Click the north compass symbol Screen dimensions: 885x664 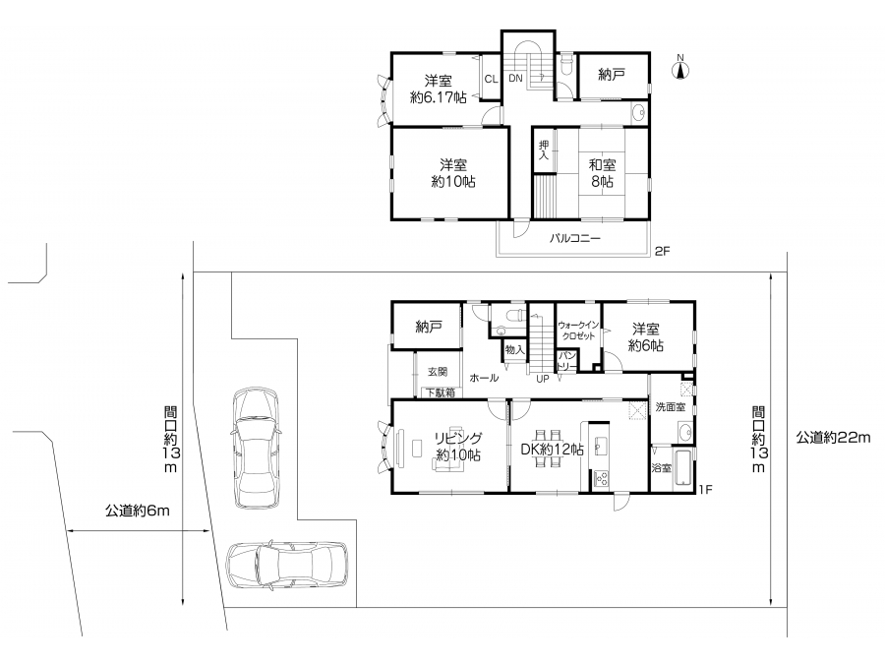click(x=680, y=69)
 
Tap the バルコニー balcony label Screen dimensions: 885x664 click(x=575, y=239)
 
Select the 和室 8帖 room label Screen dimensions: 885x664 click(x=602, y=173)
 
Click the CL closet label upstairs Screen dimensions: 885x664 click(x=491, y=79)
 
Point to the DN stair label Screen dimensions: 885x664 click(x=516, y=79)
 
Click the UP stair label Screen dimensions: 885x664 click(x=543, y=379)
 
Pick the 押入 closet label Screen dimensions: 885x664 click(x=544, y=150)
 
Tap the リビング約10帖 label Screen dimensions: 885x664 click(x=457, y=447)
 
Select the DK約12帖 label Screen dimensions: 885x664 click(x=552, y=450)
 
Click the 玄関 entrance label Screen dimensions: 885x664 click(x=438, y=372)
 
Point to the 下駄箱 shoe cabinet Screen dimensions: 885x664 click(x=441, y=392)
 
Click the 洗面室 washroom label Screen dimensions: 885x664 click(x=670, y=406)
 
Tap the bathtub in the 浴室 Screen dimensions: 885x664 click(x=684, y=468)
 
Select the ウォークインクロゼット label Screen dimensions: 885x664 click(x=578, y=331)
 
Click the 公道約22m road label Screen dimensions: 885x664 click(x=833, y=437)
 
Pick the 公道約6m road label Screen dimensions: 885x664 click(x=137, y=511)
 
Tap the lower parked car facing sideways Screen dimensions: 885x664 click(x=287, y=567)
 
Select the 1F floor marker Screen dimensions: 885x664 click(x=705, y=490)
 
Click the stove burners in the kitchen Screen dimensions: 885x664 click(x=600, y=478)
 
